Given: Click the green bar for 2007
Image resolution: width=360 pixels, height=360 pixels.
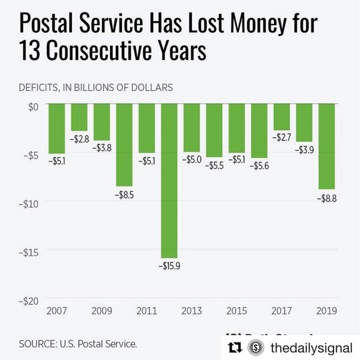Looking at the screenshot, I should coord(56,128).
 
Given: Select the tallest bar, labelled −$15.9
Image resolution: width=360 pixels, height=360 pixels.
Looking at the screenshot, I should coord(169,180).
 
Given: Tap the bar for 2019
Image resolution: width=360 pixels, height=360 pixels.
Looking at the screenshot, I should coord(326,146).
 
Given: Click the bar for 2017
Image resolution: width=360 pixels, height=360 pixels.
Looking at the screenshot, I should coord(281,116).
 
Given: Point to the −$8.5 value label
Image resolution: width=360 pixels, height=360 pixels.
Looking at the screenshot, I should coord(124,195).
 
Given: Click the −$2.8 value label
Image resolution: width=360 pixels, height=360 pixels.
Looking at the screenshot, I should coord(79,139).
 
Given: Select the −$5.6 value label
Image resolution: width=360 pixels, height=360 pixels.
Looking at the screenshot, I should coord(259,166).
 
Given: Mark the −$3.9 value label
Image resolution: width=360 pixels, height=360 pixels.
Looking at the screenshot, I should coord(304,150).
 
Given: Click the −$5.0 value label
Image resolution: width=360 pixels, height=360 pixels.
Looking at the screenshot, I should coord(191,160).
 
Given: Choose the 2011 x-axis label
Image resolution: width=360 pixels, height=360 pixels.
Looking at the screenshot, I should coord(147,311).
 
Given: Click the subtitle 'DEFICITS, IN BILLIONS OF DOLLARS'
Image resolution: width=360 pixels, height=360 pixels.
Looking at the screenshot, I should coord(97,87).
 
